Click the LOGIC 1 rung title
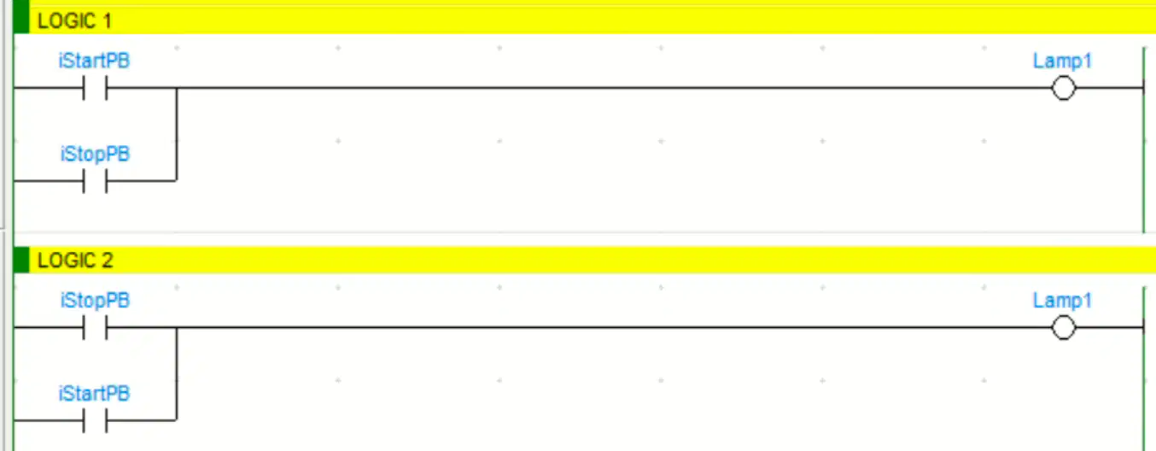pos(75,21)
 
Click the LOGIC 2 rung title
pos(75,261)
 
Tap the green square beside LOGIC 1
pos(21,18)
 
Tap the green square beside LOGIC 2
pos(21,260)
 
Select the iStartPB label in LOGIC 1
pos(94,61)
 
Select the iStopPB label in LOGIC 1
pos(95,155)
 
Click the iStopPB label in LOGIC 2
pos(95,301)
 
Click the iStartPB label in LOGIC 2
pos(94,394)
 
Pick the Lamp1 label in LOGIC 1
pos(1062,61)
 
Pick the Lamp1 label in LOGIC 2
pos(1062,301)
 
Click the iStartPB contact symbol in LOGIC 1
pos(95,88)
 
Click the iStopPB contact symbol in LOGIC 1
pos(95,181)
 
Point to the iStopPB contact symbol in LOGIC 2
pos(95,327)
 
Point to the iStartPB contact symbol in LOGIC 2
pos(95,420)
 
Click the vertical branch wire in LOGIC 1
pos(177,134)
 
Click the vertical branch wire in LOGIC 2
pos(177,373)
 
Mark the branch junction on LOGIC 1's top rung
pos(177,88)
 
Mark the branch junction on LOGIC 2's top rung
pos(177,327)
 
